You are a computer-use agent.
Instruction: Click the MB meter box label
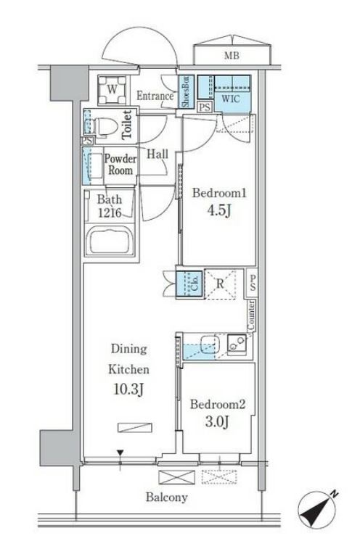point(232,55)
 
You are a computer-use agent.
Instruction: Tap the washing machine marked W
point(112,90)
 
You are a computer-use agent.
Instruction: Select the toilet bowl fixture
point(102,126)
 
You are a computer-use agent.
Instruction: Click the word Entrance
point(155,96)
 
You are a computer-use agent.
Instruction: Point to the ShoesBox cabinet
point(186,91)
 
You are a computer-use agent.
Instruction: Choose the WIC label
point(231,99)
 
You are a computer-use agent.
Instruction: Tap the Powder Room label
point(120,165)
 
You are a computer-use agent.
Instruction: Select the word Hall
point(157,154)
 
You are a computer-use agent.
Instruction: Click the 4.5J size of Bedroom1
point(219,211)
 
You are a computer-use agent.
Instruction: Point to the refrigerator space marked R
point(220,284)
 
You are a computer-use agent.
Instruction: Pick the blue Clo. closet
point(189,284)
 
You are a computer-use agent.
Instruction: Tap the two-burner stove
point(237,343)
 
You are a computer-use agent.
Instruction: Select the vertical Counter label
point(251,315)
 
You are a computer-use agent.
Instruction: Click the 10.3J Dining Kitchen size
point(128,389)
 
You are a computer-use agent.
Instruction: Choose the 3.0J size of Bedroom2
point(217,422)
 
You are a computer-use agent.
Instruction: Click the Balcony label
point(167,498)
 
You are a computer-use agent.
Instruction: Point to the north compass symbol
point(317,508)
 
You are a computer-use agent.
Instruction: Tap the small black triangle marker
point(120,453)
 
